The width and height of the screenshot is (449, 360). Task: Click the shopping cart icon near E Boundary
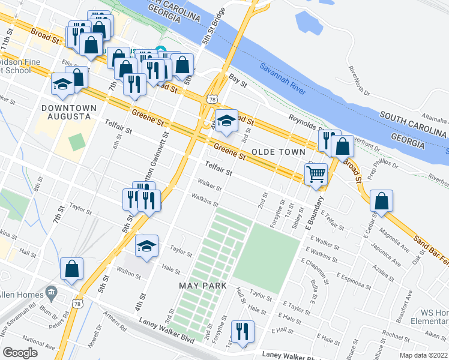pyautogui.click(x=316, y=175)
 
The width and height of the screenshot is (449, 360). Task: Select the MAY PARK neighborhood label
pyautogui.click(x=203, y=286)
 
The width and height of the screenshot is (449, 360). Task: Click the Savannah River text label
pyautogui.click(x=283, y=79)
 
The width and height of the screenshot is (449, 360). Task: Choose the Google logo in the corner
pyautogui.click(x=19, y=353)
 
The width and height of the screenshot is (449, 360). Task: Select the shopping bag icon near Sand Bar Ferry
pyautogui.click(x=382, y=202)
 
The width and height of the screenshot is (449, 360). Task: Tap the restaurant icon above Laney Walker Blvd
pyautogui.click(x=243, y=331)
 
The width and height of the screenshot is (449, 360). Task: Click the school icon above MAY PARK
pyautogui.click(x=146, y=246)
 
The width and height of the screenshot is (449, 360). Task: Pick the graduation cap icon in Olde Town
pyautogui.click(x=226, y=121)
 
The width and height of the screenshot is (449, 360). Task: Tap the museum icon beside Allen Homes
pyautogui.click(x=50, y=293)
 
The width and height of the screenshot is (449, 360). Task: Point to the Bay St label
pyautogui.click(x=238, y=79)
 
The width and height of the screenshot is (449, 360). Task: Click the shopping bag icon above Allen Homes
pyautogui.click(x=71, y=269)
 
